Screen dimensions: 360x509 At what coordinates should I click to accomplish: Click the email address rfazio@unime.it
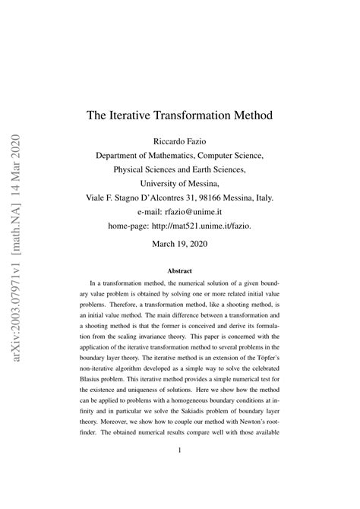tap(201, 210)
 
